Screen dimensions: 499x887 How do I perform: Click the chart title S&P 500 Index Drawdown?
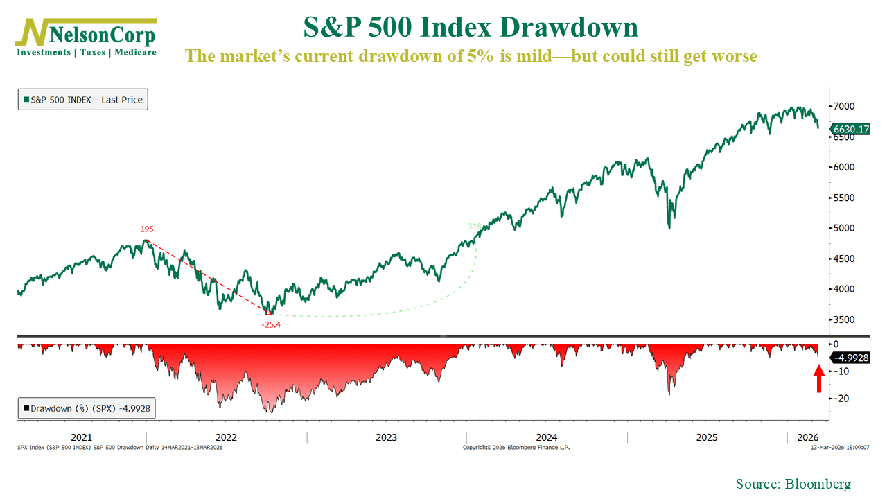click(471, 27)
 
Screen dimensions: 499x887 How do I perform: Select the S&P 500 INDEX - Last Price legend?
click(82, 100)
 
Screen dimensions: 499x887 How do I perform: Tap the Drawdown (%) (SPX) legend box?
click(86, 408)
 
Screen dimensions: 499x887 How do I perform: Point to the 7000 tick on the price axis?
click(845, 106)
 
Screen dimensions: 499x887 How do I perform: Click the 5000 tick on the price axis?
click(845, 228)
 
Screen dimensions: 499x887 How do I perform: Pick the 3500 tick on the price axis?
click(845, 319)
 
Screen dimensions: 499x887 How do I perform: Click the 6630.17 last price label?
click(850, 129)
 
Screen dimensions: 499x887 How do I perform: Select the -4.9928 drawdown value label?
click(850, 358)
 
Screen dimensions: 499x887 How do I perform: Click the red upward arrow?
click(818, 378)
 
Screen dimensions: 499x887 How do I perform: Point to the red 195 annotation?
click(147, 229)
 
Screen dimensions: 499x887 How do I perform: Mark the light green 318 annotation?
click(474, 227)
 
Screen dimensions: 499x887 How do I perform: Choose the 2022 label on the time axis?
click(226, 437)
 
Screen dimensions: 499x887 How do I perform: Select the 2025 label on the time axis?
click(706, 437)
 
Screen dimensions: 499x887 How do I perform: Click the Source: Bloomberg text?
click(793, 484)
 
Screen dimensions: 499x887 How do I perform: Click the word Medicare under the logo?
click(135, 52)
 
